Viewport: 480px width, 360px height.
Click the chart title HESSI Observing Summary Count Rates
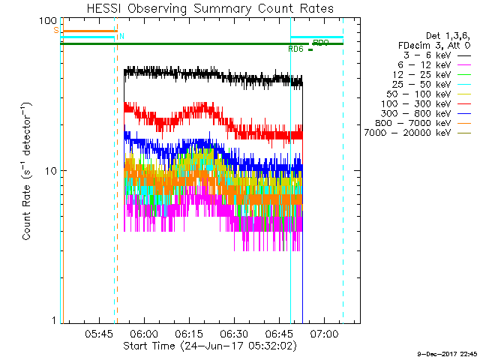click(209, 9)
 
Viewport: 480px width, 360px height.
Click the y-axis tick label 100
click(48, 21)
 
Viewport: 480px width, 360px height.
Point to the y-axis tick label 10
click(51, 171)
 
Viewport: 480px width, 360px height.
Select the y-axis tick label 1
click(54, 321)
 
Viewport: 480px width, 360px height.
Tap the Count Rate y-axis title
click(27, 171)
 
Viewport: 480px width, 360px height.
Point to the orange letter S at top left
click(55, 30)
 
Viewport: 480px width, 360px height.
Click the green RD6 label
click(295, 49)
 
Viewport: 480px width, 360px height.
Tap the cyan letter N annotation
click(122, 36)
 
